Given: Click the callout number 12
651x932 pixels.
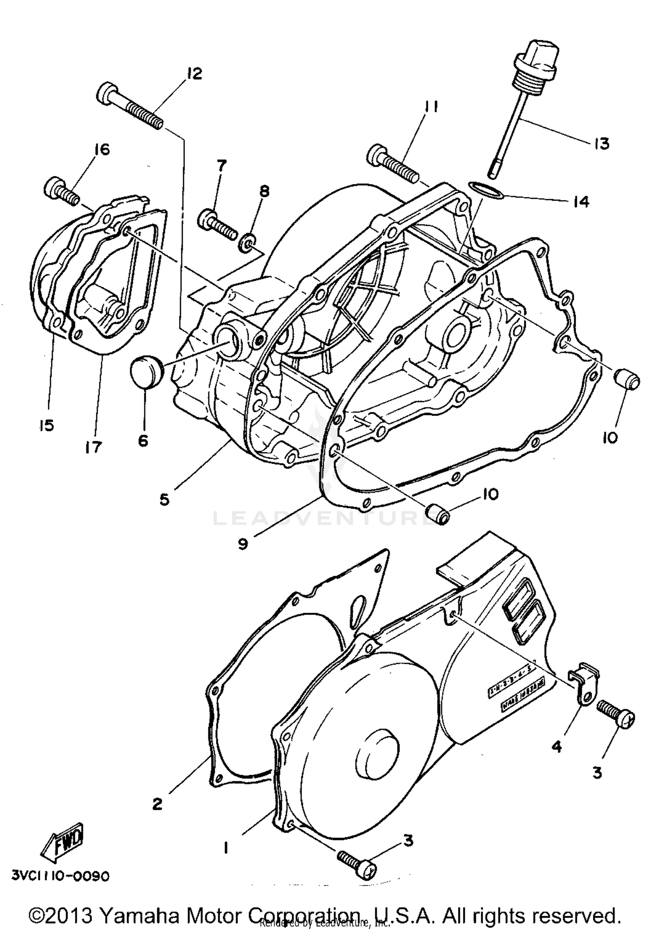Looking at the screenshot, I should pos(194,74).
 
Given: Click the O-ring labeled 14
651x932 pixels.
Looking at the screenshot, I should pos(485,191).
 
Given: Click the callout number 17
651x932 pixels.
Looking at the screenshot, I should pos(93,446).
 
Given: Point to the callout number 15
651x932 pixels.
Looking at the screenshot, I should pos(46,426).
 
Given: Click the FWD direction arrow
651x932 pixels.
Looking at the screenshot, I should pos(62,842).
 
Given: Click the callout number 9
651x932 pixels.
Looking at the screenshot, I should pos(243,543).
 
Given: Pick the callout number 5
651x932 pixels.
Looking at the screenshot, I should pos(164,500).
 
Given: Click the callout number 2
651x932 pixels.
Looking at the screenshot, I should pos(157,804).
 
